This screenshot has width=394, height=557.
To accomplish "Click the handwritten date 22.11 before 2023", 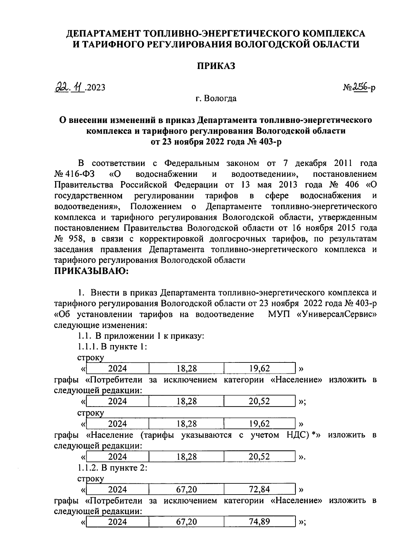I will tap(70, 87).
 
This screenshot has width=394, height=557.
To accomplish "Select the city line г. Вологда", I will tap(216, 98).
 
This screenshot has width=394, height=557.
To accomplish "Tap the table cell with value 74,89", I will tap(259, 522).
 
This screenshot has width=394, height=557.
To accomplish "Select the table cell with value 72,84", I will tap(259, 489).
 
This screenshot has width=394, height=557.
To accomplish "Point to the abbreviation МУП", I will tap(279, 314).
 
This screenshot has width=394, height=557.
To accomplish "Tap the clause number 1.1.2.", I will tap(89, 468).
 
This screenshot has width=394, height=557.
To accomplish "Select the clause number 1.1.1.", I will tap(89, 347).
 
